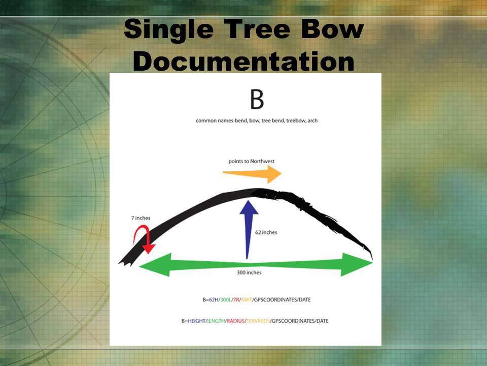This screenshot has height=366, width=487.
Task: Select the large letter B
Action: [x=257, y=100]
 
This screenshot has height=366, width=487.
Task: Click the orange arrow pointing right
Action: [x=252, y=174]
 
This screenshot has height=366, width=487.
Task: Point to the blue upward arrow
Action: [x=249, y=229]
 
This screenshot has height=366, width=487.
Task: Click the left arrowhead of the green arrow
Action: [x=155, y=264]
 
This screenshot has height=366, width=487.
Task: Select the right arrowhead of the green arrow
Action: [x=357, y=264]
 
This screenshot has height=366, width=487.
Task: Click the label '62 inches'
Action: [x=266, y=232]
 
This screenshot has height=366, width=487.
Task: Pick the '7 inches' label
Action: [x=141, y=218]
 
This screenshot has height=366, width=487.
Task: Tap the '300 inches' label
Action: [x=249, y=272]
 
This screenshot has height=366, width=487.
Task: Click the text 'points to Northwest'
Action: [x=252, y=161]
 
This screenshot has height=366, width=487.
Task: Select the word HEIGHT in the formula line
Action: [x=197, y=321]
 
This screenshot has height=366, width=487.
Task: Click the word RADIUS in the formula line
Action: [x=235, y=321]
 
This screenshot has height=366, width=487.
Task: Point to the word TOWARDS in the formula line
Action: [x=258, y=321]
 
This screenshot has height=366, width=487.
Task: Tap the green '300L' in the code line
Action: [x=225, y=300]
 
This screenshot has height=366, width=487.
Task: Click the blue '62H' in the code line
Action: [x=214, y=300]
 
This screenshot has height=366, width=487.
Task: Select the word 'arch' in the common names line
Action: [x=312, y=120]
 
